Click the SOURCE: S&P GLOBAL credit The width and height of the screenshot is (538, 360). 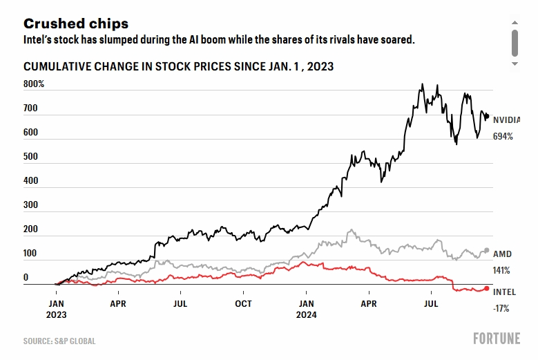click(59, 341)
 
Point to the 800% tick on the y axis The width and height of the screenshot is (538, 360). click(34, 84)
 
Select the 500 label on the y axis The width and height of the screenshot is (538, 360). click(30, 157)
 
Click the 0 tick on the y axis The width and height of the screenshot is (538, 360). click(26, 278)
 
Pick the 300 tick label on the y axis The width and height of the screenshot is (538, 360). click(30, 205)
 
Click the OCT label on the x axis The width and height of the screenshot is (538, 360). click(243, 303)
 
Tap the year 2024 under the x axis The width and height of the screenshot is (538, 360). click(307, 315)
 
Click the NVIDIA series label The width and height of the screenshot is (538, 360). click(507, 120)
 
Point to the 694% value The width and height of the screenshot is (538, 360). click(503, 137)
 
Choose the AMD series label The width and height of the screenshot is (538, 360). click(502, 254)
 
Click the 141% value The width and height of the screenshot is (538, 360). click(501, 270)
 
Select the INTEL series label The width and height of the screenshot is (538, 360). click(504, 292)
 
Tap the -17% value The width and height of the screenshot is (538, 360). click(501, 309)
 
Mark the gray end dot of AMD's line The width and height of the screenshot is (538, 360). click(487, 250)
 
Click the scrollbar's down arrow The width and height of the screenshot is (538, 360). click(515, 64)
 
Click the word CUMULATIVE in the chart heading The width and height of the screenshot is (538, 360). click(57, 67)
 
